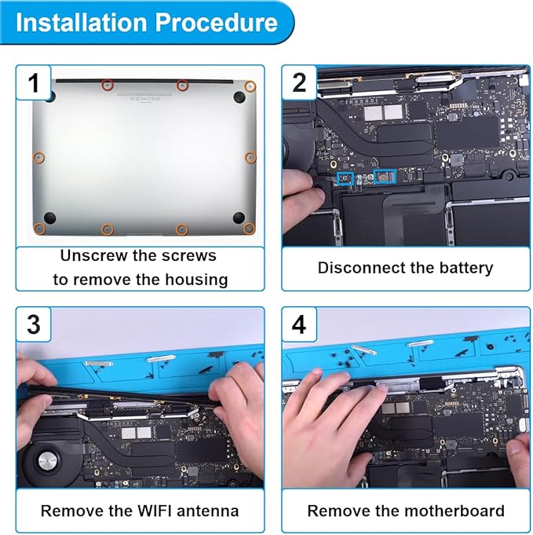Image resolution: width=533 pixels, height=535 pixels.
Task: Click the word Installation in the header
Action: point(81,23)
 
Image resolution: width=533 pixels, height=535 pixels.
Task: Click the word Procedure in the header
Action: point(217,23)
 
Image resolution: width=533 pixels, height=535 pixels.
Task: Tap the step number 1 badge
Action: point(34,83)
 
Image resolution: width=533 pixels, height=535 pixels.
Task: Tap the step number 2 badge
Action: point(299,83)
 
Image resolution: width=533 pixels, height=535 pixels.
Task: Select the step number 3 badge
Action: point(34,324)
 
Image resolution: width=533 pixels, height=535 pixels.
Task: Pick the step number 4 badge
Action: point(299,324)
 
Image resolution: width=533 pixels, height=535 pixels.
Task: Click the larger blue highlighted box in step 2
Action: point(385,177)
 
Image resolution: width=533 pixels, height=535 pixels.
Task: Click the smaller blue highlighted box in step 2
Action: point(345,178)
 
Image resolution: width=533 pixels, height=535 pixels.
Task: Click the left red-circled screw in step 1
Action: point(108,85)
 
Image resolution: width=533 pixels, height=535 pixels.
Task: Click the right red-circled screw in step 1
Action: point(182,85)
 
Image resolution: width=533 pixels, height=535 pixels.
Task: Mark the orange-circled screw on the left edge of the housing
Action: point(38,157)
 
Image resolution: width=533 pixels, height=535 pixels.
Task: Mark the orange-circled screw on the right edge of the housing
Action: point(250,157)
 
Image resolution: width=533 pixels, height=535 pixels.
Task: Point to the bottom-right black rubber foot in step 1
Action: point(239,217)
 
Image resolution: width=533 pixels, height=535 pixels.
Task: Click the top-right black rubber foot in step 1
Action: point(239,97)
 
